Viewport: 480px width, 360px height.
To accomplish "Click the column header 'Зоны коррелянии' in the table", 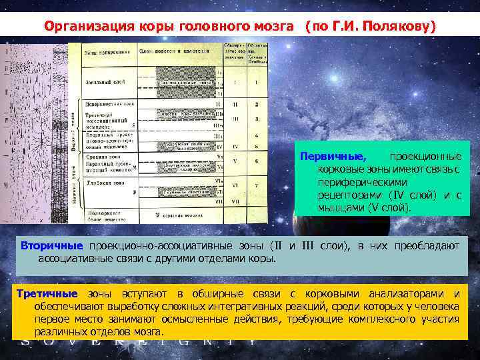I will [104, 51].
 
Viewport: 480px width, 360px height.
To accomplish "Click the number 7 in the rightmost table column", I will [257, 185].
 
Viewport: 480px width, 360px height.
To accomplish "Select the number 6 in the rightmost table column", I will [257, 161].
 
